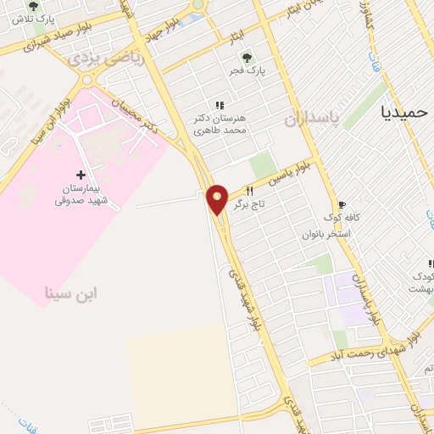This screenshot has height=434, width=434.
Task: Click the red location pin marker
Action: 218,198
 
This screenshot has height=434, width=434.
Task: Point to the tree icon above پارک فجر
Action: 247,58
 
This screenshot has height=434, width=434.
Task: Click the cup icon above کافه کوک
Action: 342,204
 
